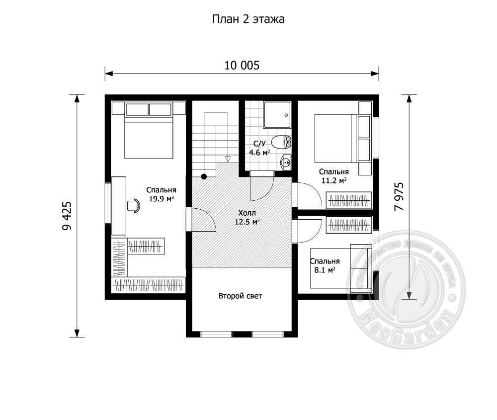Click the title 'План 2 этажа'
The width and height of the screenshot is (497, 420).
[248, 20]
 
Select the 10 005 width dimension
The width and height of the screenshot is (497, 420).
[242, 65]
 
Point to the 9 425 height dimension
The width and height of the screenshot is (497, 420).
[67, 216]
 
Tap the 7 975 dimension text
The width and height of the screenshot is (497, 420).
[399, 196]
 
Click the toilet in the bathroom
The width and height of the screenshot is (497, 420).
[281, 142]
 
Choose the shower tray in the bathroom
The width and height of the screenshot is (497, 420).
[277, 115]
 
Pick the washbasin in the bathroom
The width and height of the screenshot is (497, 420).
[286, 163]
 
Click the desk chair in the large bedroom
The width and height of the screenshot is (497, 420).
[133, 205]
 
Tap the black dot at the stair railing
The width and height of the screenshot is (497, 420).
[204, 176]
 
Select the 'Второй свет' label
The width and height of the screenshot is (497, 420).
[240, 296]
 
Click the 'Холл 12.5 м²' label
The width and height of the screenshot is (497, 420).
[247, 217]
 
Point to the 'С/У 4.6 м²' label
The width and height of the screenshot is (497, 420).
[259, 148]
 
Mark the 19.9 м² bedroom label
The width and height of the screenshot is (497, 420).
[162, 194]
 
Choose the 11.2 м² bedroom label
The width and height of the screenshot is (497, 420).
[334, 176]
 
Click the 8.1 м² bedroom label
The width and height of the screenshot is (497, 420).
[325, 265]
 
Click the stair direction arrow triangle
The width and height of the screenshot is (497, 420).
[227, 159]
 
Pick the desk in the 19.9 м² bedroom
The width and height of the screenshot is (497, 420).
[119, 206]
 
